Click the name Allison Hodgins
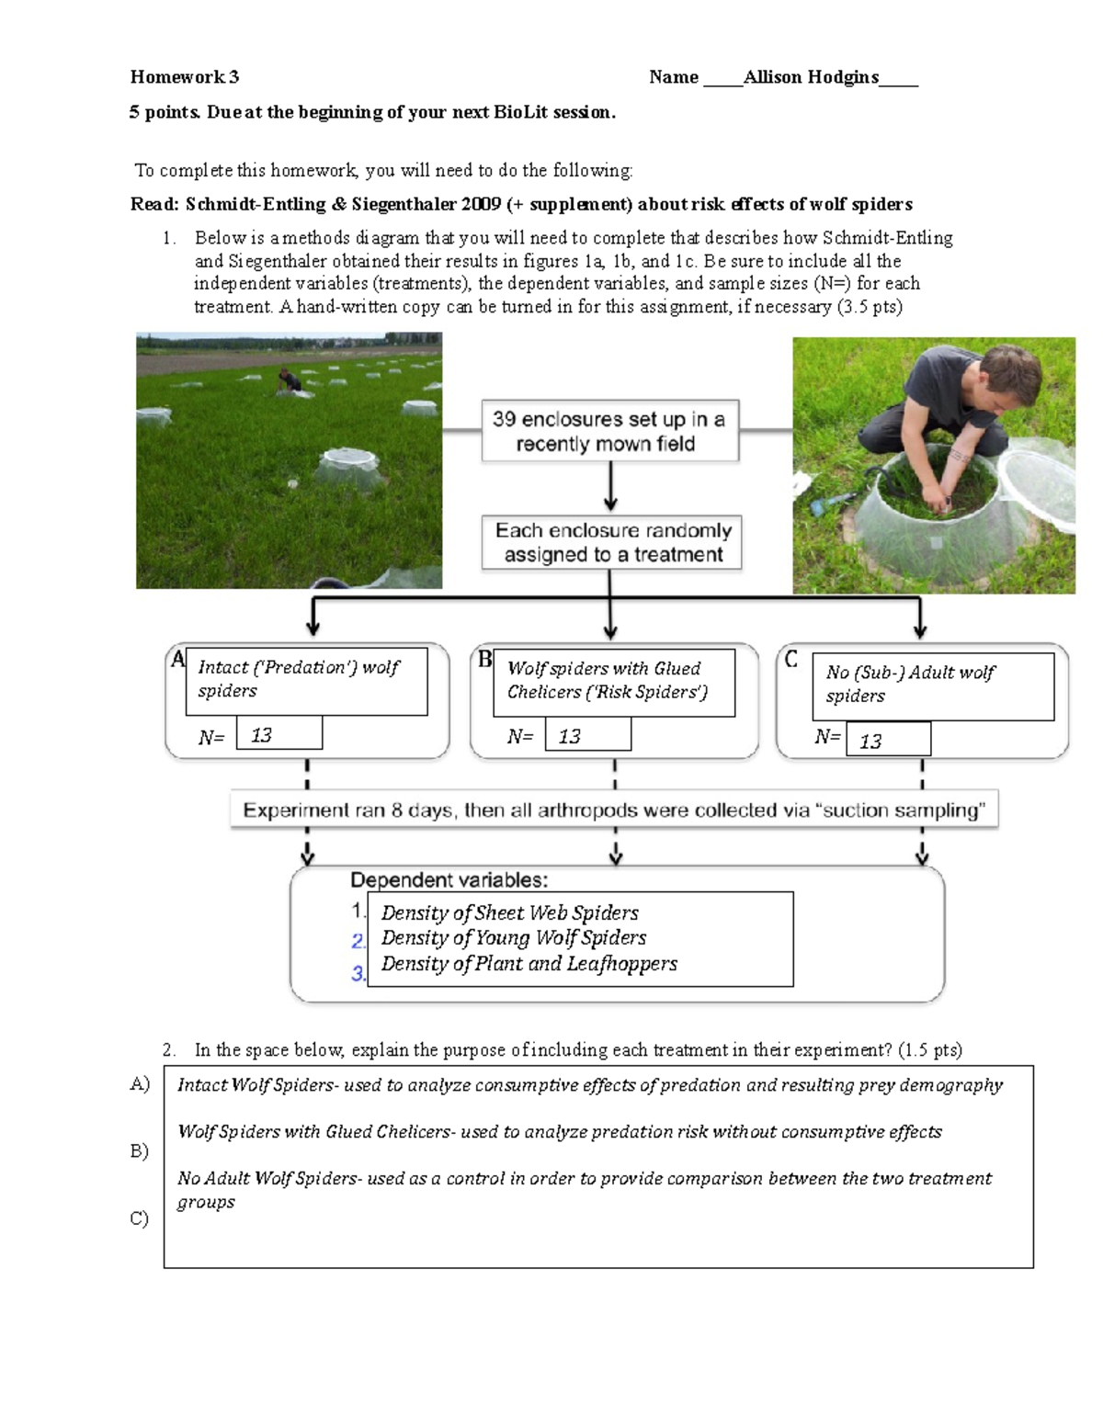point(811,77)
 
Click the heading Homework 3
point(184,77)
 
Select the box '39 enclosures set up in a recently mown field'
point(609,431)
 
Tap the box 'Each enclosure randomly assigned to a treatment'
point(612,542)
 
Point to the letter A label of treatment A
point(177,659)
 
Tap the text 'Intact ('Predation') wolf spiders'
point(298,679)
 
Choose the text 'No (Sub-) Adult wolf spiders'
point(909,684)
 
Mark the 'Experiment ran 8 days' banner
point(613,810)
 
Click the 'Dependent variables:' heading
point(449,880)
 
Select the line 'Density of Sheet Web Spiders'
point(509,912)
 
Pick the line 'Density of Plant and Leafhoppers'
point(529,964)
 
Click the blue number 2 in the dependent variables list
point(358,941)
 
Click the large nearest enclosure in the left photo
point(349,470)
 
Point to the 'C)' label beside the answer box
point(139,1218)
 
